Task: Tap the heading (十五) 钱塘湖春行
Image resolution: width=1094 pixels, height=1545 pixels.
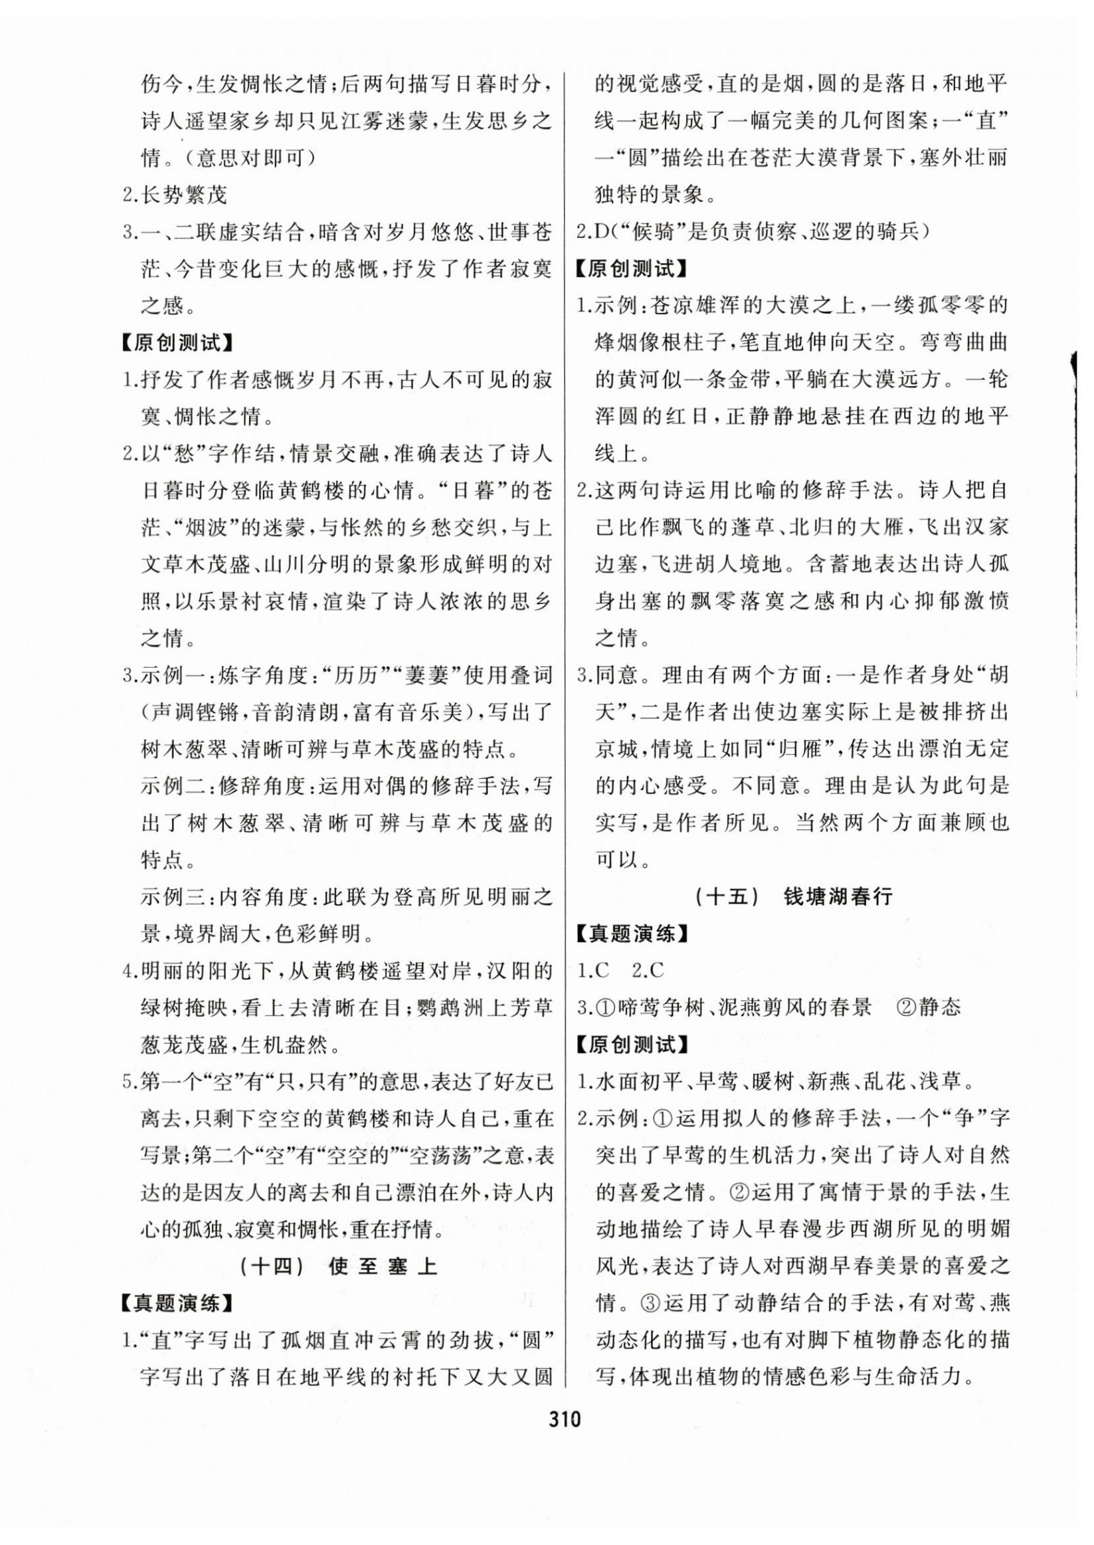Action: [792, 896]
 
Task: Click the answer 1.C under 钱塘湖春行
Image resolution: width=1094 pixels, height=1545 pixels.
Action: [593, 970]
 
